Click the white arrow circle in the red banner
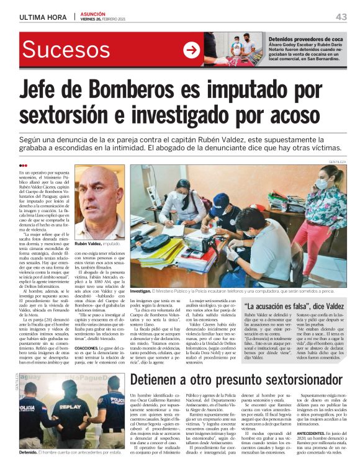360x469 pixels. click(191, 49)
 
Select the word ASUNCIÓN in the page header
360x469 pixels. click(94, 14)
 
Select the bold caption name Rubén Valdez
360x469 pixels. click(89, 244)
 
